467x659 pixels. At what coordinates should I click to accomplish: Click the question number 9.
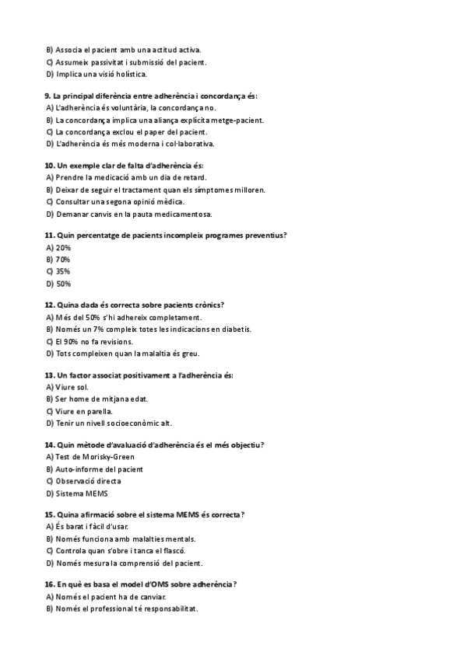(x=48, y=96)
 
